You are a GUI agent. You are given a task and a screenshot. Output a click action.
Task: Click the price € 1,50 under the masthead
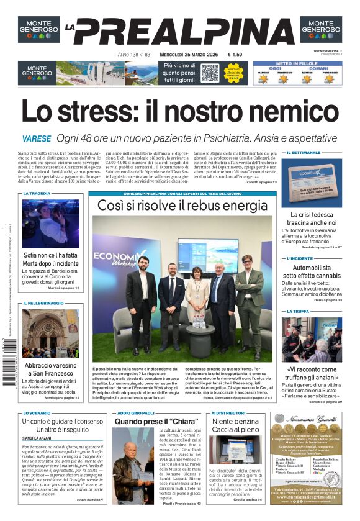coord(235,55)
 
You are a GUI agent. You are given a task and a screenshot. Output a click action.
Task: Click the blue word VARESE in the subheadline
coord(36,138)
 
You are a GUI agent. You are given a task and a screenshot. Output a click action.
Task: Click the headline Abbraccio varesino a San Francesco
coord(51,370)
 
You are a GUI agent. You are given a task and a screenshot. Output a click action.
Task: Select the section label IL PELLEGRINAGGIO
coord(43,303)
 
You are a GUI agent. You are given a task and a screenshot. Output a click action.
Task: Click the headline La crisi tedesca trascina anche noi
coord(313,219)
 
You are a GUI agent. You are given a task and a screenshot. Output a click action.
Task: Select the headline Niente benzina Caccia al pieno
coord(235,425)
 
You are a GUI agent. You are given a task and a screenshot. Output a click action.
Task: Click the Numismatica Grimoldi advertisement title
coord(314,420)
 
